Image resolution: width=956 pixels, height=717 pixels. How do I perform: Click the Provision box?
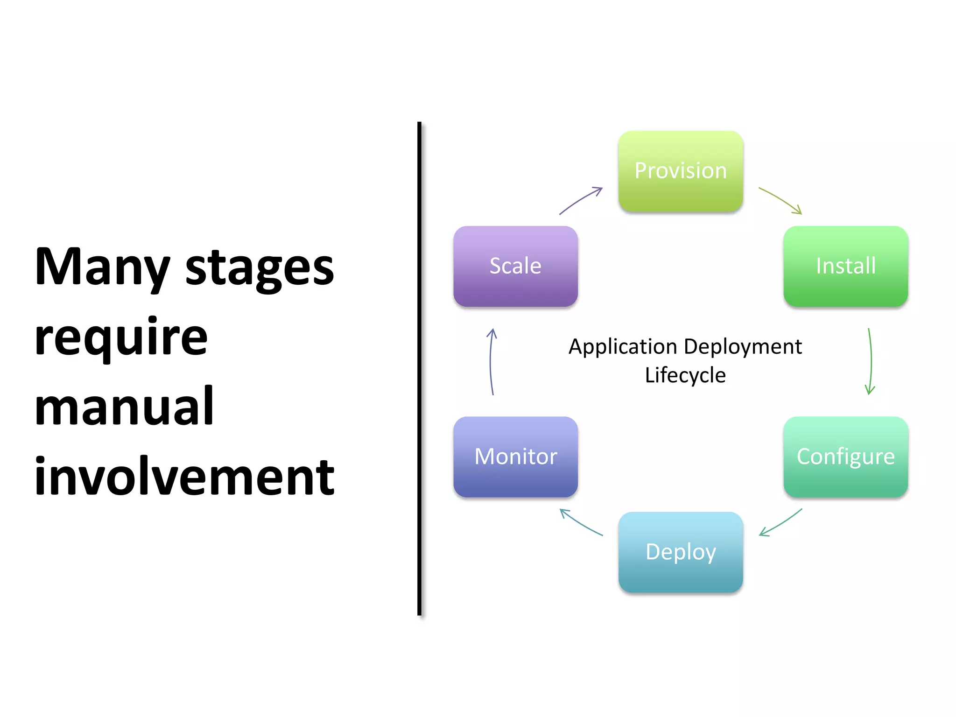[x=681, y=171]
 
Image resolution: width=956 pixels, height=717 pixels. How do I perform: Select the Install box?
[x=845, y=266]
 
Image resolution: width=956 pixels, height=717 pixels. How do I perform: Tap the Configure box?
[x=845, y=457]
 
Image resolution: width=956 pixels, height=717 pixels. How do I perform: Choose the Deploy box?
[x=681, y=552]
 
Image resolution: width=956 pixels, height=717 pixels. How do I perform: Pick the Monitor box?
[x=515, y=457]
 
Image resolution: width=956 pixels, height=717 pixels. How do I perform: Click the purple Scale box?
[x=515, y=266]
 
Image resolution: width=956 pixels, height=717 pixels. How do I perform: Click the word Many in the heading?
[x=102, y=267]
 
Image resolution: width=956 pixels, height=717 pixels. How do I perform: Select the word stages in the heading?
[x=260, y=269]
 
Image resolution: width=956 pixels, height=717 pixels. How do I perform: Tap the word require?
[x=121, y=338]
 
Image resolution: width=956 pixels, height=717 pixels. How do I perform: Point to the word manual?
[x=124, y=407]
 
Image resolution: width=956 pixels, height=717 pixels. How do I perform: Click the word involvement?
[x=184, y=477]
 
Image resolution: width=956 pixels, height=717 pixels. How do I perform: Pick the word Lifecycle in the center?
[x=685, y=375]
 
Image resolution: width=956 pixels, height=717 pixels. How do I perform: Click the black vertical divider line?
[x=419, y=369]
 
